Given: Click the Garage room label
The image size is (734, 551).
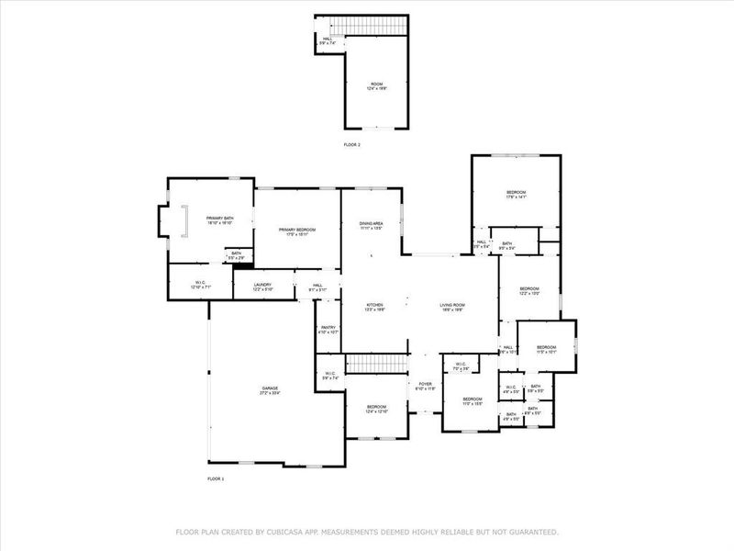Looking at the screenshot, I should click(x=270, y=391).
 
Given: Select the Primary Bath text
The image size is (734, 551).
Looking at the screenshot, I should click(x=206, y=219).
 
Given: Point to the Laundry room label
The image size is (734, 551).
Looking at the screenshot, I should click(x=263, y=287).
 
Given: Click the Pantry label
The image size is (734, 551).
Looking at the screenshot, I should click(x=328, y=329).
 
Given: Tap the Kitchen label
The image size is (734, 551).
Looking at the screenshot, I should click(x=375, y=307).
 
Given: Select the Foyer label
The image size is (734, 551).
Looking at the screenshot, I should click(x=425, y=386).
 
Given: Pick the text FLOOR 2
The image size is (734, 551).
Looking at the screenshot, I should click(x=352, y=145).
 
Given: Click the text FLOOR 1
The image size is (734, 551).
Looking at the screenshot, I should click(x=216, y=478).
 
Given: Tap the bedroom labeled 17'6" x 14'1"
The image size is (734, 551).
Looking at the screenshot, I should click(x=516, y=194).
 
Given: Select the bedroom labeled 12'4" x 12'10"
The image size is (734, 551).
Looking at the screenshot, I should click(x=377, y=408).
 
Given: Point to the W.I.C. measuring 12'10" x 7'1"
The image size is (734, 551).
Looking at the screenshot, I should click(x=200, y=285).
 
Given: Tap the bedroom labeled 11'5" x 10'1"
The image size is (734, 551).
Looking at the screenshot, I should click(x=546, y=348).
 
